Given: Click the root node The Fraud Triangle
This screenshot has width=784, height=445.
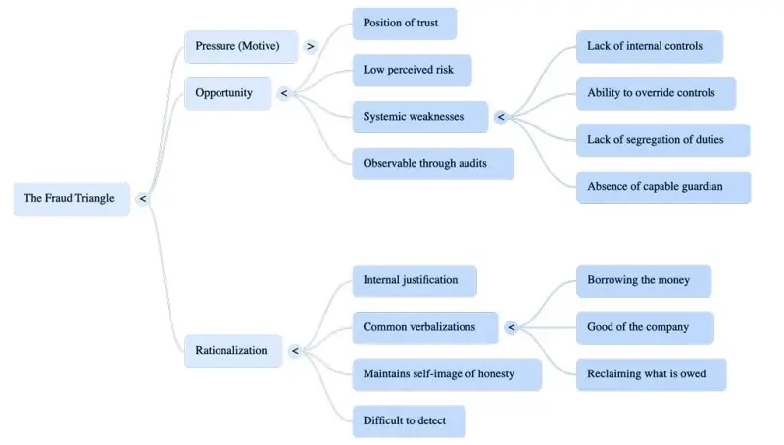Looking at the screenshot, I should coord(71,198).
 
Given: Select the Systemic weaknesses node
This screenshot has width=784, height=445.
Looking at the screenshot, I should coord(419,117).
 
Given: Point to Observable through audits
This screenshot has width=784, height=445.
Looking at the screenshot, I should coord(432,163).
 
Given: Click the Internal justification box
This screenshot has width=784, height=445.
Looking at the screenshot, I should coord(414,280).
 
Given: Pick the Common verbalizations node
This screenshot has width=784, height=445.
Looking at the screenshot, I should coord(425,327).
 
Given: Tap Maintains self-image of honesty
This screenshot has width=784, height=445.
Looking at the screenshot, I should coord(446,374).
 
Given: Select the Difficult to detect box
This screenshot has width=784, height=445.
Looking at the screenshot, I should coord(408,421).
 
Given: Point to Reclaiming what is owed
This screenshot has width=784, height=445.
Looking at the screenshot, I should coord(651,374).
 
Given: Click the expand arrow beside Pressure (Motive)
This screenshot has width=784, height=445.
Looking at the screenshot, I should coord(311,46).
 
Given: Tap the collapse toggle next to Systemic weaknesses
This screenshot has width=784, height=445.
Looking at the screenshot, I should coord(500,118).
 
